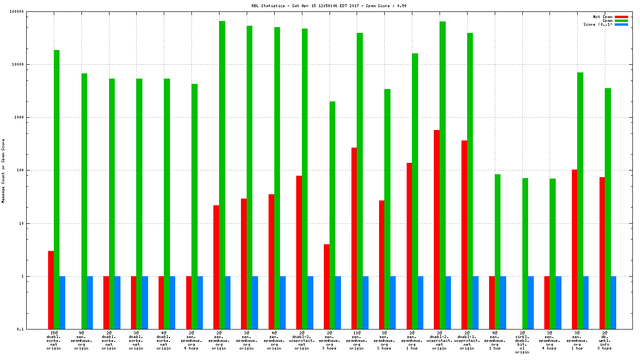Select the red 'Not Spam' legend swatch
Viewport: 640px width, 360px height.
pyautogui.click(x=621, y=17)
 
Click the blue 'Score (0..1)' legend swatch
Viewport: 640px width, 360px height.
pyautogui.click(x=621, y=24)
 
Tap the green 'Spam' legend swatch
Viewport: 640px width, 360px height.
pyautogui.click(x=621, y=20)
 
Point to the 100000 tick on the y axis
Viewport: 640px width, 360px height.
pyautogui.click(x=28, y=11)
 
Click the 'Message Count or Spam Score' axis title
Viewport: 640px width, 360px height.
pyautogui.click(x=3, y=171)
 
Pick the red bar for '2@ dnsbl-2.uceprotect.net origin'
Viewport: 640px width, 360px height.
pyautogui.click(x=437, y=229)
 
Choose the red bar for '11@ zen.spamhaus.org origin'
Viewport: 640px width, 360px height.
pyautogui.click(x=354, y=238)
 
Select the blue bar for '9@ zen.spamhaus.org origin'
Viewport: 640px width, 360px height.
pyautogui.click(x=90, y=302)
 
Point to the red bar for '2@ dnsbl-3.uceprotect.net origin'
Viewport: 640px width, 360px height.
pyautogui.click(x=299, y=252)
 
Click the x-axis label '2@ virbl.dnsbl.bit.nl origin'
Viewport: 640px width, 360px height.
pyautogui.click(x=522, y=342)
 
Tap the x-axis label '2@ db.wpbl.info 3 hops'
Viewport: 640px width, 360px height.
pyautogui.click(x=605, y=340)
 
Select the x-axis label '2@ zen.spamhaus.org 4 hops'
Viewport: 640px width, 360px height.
pyautogui.click(x=191, y=340)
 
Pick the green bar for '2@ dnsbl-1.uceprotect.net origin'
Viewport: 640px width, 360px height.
pyautogui.click(x=470, y=181)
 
